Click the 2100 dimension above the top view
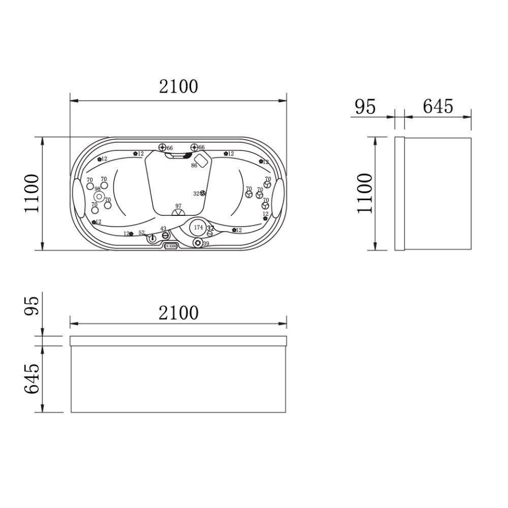[179, 86]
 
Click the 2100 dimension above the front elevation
[179, 313]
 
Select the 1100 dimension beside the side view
[365, 193]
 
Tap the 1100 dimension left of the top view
[32, 193]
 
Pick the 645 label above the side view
[438, 106]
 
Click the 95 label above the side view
[365, 106]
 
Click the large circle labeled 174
[198, 227]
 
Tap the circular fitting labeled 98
[97, 196]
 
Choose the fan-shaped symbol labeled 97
[178, 213]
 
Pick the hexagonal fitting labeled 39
[198, 243]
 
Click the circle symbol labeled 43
[166, 235]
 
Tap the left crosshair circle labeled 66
[162, 147]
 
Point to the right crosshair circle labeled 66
[194, 147]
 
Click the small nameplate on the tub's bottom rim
[170, 246]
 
